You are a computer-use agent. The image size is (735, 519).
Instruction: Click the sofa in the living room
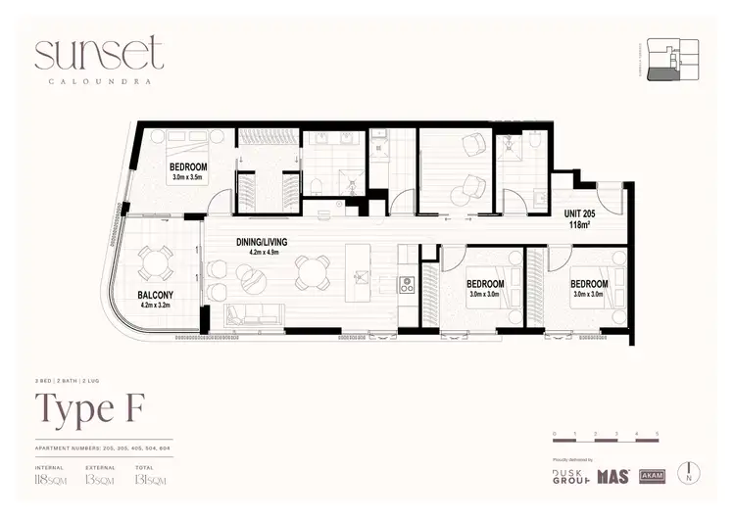pyautogui.click(x=254, y=315)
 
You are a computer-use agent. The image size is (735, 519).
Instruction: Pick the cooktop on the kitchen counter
pyautogui.click(x=408, y=285)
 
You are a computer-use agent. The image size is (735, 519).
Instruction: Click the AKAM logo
pyautogui.click(x=652, y=476)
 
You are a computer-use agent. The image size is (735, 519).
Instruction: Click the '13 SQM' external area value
pyautogui.click(x=96, y=482)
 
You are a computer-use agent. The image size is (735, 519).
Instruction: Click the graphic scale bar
pyautogui.click(x=606, y=440)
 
